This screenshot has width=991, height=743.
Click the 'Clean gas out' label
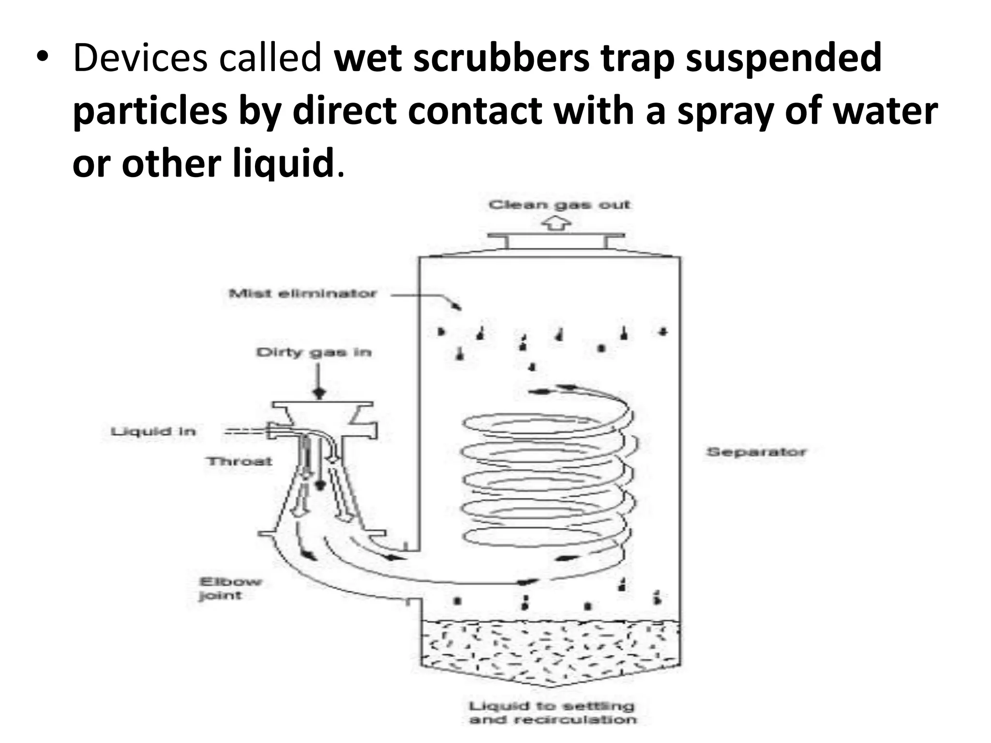click(x=559, y=205)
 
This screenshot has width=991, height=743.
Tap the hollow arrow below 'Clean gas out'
click(x=556, y=224)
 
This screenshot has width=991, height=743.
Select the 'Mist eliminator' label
click(x=302, y=294)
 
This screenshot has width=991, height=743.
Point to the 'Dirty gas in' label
click(x=314, y=352)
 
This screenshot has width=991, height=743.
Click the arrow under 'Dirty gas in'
click(x=319, y=382)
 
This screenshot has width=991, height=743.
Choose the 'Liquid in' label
click(x=153, y=431)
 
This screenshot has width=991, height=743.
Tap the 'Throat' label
click(x=239, y=461)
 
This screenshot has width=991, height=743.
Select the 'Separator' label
click(x=756, y=452)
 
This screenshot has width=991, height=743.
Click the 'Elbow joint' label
click(x=229, y=588)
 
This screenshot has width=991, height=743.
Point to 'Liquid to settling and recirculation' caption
click(x=552, y=713)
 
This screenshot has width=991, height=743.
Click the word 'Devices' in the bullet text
click(x=140, y=58)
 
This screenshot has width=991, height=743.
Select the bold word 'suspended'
click(x=783, y=58)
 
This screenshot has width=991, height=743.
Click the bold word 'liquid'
click(x=284, y=163)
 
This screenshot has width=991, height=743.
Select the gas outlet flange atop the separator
click(x=556, y=237)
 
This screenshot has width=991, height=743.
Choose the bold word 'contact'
click(x=475, y=111)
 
